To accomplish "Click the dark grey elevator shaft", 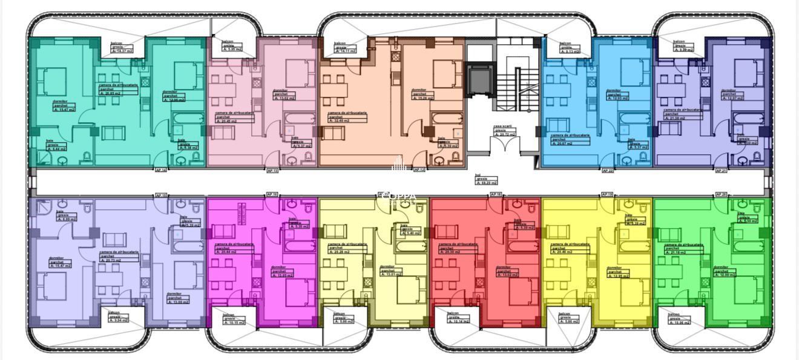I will [481, 79].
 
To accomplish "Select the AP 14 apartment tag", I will [161, 170].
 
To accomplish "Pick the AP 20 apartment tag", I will [721, 194].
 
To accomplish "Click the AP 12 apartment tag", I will [419, 170].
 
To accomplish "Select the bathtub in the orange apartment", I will [446, 119].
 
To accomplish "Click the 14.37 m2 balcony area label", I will [122, 51].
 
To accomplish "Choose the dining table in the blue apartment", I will [561, 90].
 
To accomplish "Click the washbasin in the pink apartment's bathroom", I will [292, 160].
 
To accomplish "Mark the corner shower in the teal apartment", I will [44, 158].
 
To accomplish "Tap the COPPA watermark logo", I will [399, 197].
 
